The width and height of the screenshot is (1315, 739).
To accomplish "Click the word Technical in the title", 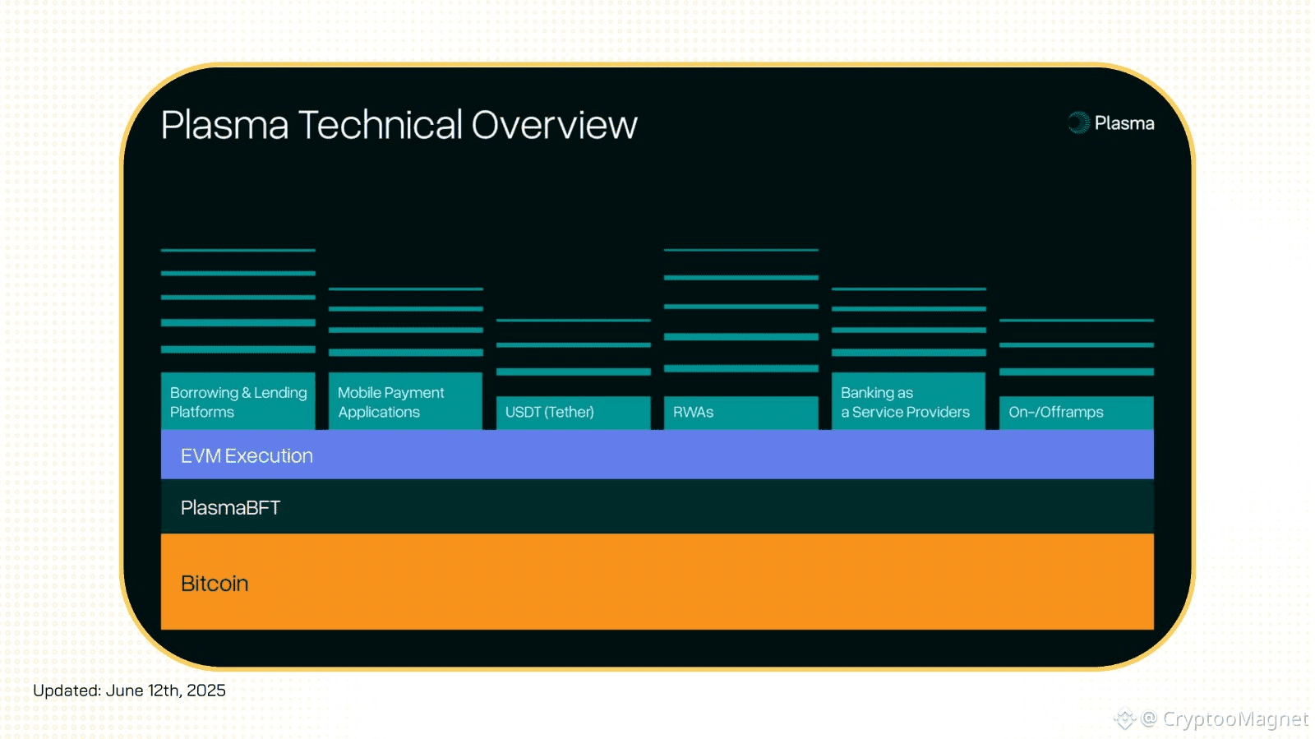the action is pyautogui.click(x=381, y=124).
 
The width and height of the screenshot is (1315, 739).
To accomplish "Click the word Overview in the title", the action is pyautogui.click(x=554, y=124).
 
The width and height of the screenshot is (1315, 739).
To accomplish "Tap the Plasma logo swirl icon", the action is pyautogui.click(x=1078, y=122).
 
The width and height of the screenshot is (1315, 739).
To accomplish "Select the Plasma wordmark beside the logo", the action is pyautogui.click(x=1124, y=123).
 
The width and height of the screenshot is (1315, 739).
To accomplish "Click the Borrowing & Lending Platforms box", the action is pyautogui.click(x=238, y=401).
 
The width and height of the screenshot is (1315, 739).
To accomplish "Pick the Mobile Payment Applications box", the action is pyautogui.click(x=406, y=401).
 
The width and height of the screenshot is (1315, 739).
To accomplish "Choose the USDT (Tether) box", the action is pyautogui.click(x=573, y=413).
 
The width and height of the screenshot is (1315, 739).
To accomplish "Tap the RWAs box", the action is pyautogui.click(x=741, y=413).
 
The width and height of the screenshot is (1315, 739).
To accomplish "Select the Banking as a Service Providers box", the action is pyautogui.click(x=909, y=401).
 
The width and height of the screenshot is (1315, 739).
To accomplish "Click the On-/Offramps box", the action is pyautogui.click(x=1077, y=413).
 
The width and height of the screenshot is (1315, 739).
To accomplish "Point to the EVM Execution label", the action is pyautogui.click(x=247, y=455).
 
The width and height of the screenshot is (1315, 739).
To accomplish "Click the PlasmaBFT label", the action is pyautogui.click(x=230, y=508).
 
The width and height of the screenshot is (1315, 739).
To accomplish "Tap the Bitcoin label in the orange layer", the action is pyautogui.click(x=215, y=584).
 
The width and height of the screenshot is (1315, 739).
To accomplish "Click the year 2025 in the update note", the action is pyautogui.click(x=205, y=691).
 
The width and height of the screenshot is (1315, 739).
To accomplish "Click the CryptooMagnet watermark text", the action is pyautogui.click(x=1234, y=718).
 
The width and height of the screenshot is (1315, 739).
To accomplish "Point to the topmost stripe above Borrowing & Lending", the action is pyautogui.click(x=238, y=250).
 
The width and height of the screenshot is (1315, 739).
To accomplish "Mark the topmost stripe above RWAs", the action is pyautogui.click(x=741, y=250).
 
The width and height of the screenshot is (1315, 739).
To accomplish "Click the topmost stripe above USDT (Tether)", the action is pyautogui.click(x=573, y=320).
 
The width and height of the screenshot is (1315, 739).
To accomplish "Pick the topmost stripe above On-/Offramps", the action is pyautogui.click(x=1077, y=320).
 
